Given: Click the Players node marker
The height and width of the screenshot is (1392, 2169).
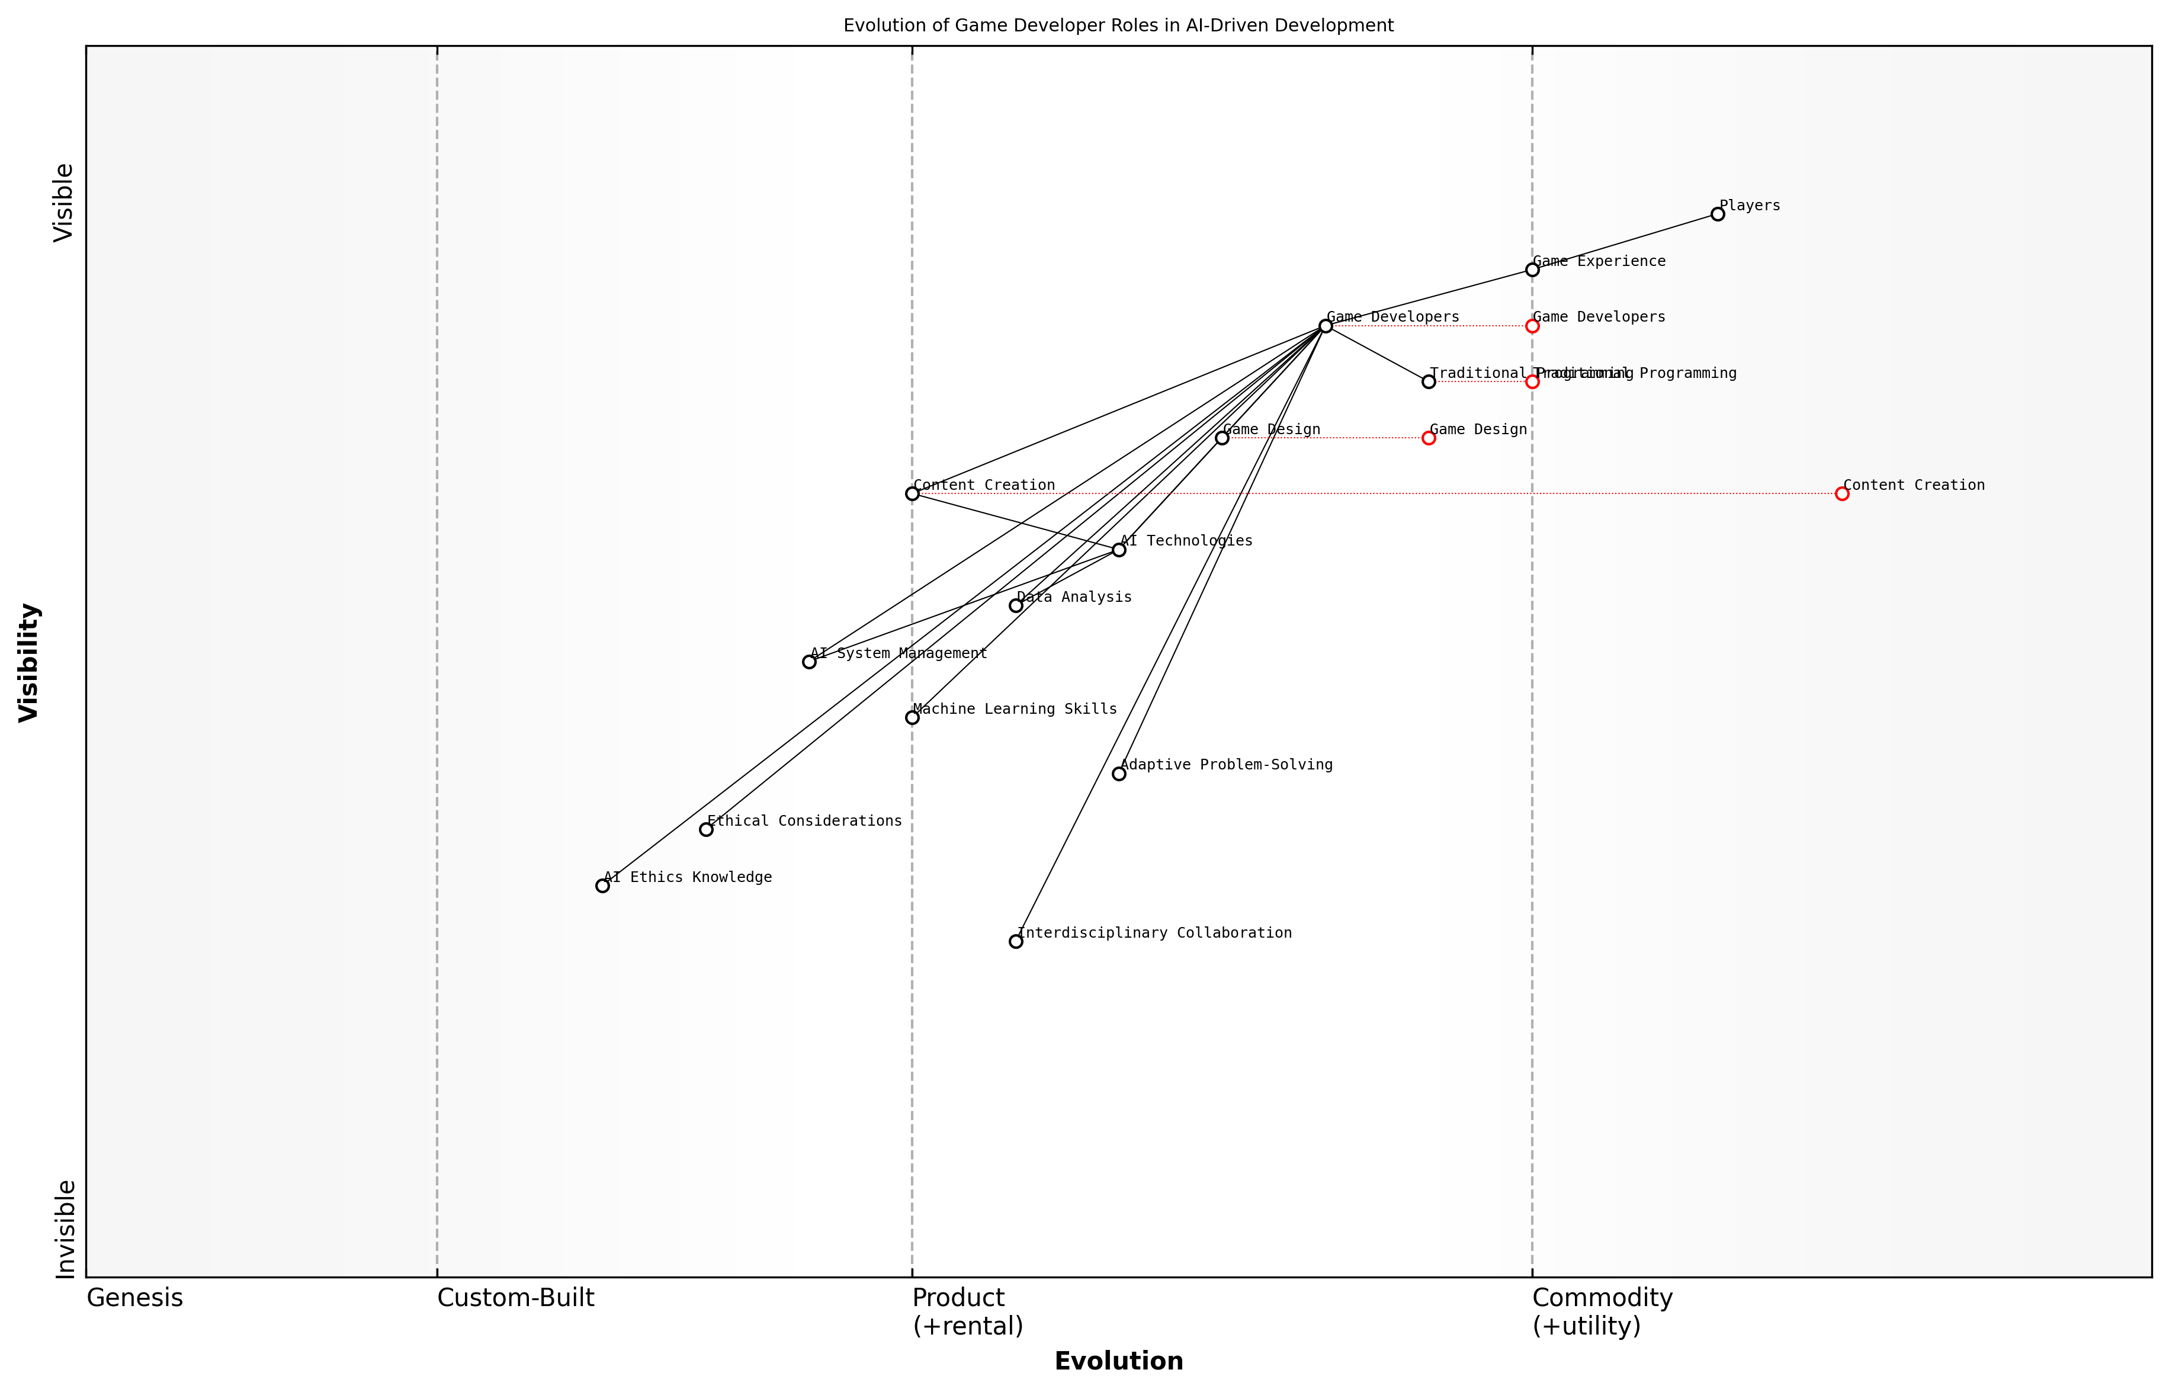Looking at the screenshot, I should click(1717, 214).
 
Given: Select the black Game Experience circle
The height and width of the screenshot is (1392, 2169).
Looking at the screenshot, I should click(1532, 270).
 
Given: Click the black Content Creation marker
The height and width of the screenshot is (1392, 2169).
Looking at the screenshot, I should click(912, 493).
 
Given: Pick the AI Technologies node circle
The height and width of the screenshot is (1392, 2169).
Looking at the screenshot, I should click(1119, 550).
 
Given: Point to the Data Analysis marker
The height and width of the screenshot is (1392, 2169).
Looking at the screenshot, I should click(1016, 605).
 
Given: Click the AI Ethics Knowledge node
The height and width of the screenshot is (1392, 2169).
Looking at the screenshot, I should click(603, 886).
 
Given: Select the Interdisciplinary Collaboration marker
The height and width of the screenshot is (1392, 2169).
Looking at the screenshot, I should click(1016, 942).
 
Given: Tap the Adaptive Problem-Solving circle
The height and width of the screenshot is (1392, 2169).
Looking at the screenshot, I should click(1119, 774).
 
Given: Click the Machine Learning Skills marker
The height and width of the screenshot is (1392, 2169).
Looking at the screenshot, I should click(912, 718).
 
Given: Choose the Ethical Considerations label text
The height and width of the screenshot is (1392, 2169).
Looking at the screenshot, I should click(804, 821).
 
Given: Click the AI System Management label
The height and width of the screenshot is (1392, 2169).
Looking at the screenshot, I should click(899, 653).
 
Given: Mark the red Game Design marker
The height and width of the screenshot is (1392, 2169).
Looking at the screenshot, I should click(1429, 438).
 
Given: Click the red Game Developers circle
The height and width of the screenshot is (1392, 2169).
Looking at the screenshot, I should click(1532, 325).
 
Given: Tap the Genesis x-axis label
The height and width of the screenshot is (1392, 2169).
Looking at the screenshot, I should click(134, 1298).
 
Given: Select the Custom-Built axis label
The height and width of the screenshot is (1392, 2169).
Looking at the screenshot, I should click(515, 1298).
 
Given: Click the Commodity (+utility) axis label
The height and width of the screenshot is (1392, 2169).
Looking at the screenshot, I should click(1602, 1311).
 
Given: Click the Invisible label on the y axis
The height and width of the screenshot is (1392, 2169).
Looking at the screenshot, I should click(65, 1229).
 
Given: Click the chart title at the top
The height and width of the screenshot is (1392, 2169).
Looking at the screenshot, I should click(1118, 25).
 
